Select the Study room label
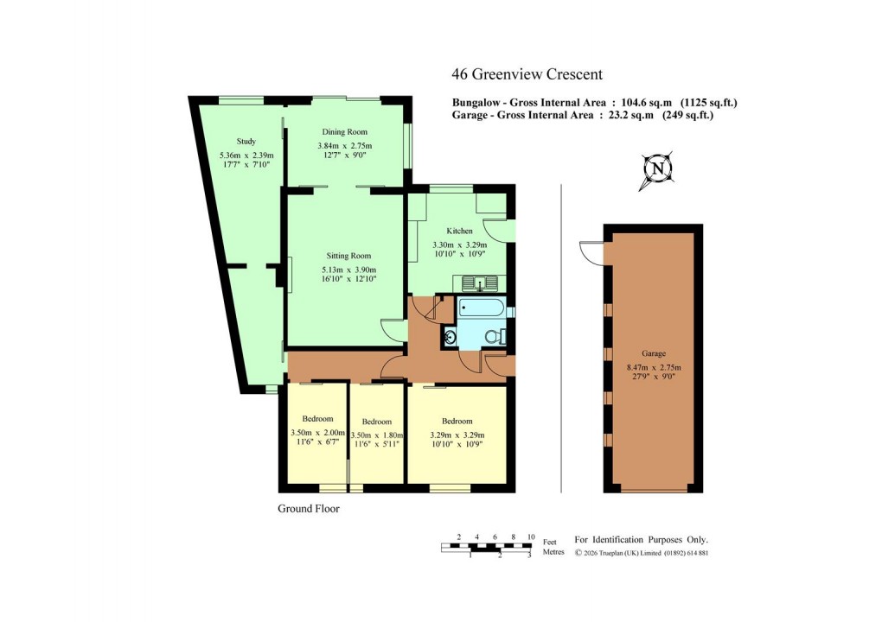[x=246, y=142]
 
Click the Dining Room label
[x=345, y=132]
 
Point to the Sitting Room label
[x=348, y=256]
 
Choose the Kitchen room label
[x=459, y=232]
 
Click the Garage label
[x=653, y=354]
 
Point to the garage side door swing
[x=592, y=251]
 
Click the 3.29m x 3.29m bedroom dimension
[x=456, y=435]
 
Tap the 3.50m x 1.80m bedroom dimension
[x=377, y=435]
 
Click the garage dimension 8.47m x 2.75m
[x=653, y=367]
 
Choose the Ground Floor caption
[x=309, y=509]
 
